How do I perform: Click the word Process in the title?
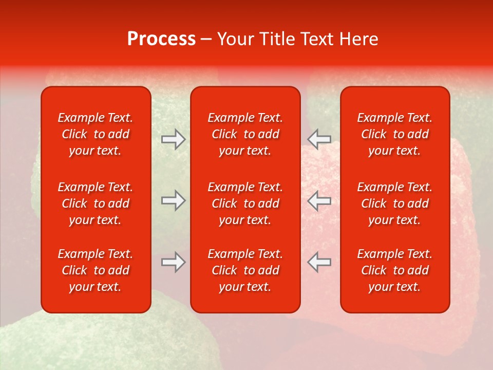point(161,39)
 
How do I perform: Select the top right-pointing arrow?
point(173,139)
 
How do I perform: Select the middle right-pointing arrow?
point(173,200)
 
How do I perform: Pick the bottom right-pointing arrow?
point(173,262)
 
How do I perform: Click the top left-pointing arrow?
point(319,139)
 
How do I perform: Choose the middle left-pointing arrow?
point(319,200)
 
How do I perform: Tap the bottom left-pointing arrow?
point(319,262)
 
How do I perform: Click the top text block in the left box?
point(96,134)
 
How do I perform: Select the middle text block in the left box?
point(96,203)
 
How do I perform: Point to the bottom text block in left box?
point(96,270)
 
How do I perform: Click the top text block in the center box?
point(245,134)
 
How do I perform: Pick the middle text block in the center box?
point(245,203)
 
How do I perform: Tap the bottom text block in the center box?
point(245,270)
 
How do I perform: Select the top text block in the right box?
point(394,134)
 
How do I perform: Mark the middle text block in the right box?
point(394,203)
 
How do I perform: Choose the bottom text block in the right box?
point(394,270)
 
